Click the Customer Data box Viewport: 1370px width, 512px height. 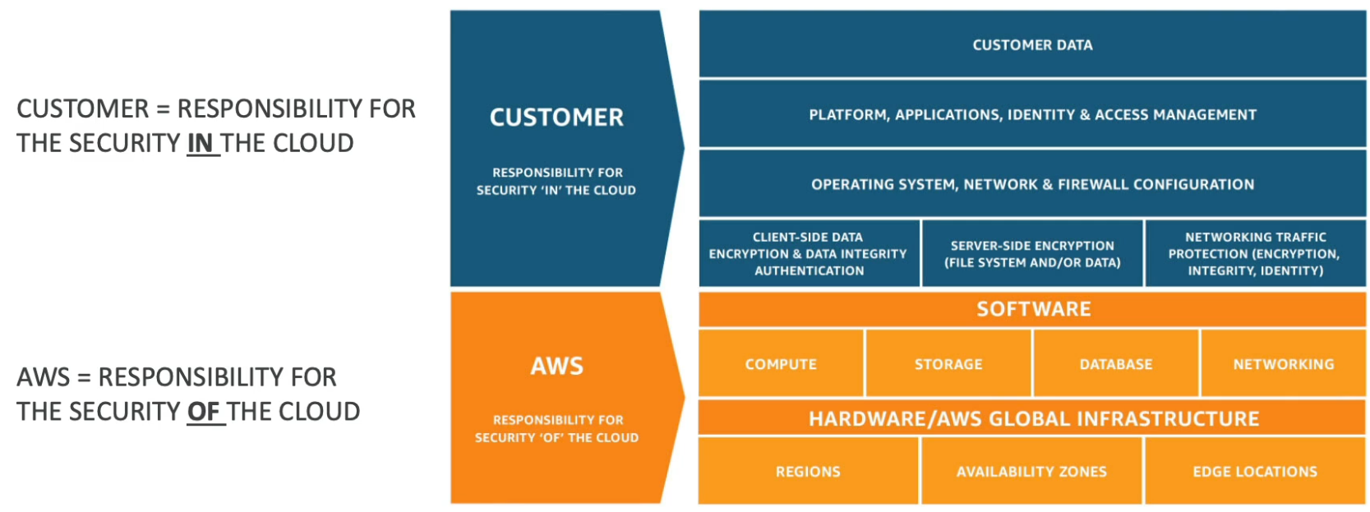[x=1032, y=44]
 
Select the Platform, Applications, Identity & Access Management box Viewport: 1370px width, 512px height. [x=1032, y=114]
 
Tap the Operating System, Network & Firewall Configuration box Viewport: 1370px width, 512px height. [x=1032, y=184]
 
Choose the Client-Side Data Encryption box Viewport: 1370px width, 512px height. [x=809, y=253]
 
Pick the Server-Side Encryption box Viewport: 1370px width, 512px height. [x=1032, y=253]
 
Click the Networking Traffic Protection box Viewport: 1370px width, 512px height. [x=1255, y=253]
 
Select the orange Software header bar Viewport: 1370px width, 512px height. [x=1032, y=309]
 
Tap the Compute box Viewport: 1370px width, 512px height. [x=781, y=363]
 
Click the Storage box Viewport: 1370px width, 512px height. [x=948, y=363]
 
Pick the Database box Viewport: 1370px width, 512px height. [x=1116, y=363]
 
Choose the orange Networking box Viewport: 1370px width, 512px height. [x=1283, y=363]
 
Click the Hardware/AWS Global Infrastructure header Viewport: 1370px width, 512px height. [x=1032, y=418]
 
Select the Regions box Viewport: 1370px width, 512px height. [x=808, y=471]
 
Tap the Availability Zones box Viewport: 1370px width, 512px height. [x=1031, y=471]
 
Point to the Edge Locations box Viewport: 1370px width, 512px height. [x=1255, y=471]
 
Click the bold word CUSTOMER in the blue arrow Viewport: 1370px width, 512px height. [x=556, y=118]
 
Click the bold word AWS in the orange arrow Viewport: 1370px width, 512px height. [x=556, y=366]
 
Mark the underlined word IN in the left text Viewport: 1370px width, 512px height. [x=201, y=143]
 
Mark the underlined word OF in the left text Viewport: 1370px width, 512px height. [x=203, y=411]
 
